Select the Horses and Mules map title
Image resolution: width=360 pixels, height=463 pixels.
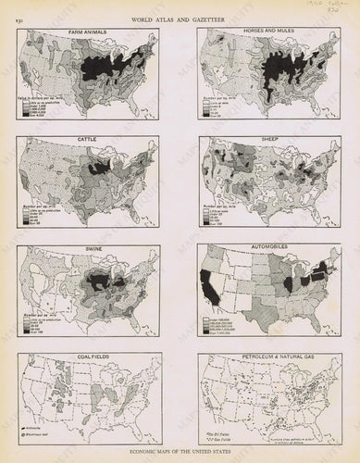[x=270, y=31]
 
